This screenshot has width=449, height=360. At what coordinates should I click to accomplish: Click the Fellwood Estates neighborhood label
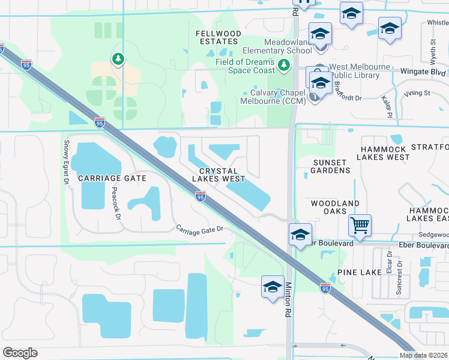coord(218,37)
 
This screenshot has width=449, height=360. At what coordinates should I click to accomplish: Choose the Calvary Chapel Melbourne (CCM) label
coord(274,97)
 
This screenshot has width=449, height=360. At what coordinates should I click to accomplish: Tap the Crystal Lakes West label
coord(218,175)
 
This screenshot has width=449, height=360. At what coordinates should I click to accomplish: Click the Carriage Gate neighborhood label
coord(112,178)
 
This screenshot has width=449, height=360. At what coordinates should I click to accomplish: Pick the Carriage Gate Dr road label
coord(199,229)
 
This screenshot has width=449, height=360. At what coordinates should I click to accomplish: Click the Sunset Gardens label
coord(330,166)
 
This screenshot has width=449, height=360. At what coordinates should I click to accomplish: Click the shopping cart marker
coord(360,226)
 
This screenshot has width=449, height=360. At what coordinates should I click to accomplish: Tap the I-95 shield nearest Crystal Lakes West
coord(200,196)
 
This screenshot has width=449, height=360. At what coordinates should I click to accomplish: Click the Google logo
coord(20,353)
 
